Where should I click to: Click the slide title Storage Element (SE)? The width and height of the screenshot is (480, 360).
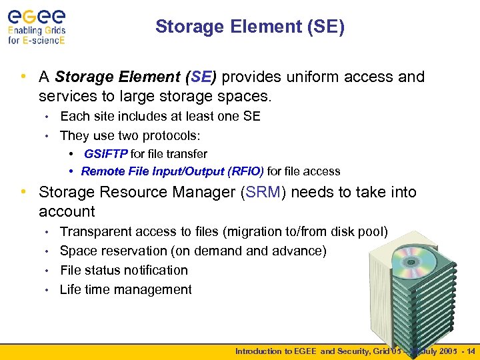(249, 27)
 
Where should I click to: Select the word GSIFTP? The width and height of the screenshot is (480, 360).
(105, 154)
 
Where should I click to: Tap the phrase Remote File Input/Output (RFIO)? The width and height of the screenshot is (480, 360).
(172, 171)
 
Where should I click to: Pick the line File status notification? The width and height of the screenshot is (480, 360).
(123, 270)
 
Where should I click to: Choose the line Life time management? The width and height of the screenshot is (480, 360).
(125, 289)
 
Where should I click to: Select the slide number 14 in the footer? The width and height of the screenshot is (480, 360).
(471, 351)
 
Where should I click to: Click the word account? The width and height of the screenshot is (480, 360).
(67, 212)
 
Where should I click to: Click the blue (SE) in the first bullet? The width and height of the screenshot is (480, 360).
(203, 77)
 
